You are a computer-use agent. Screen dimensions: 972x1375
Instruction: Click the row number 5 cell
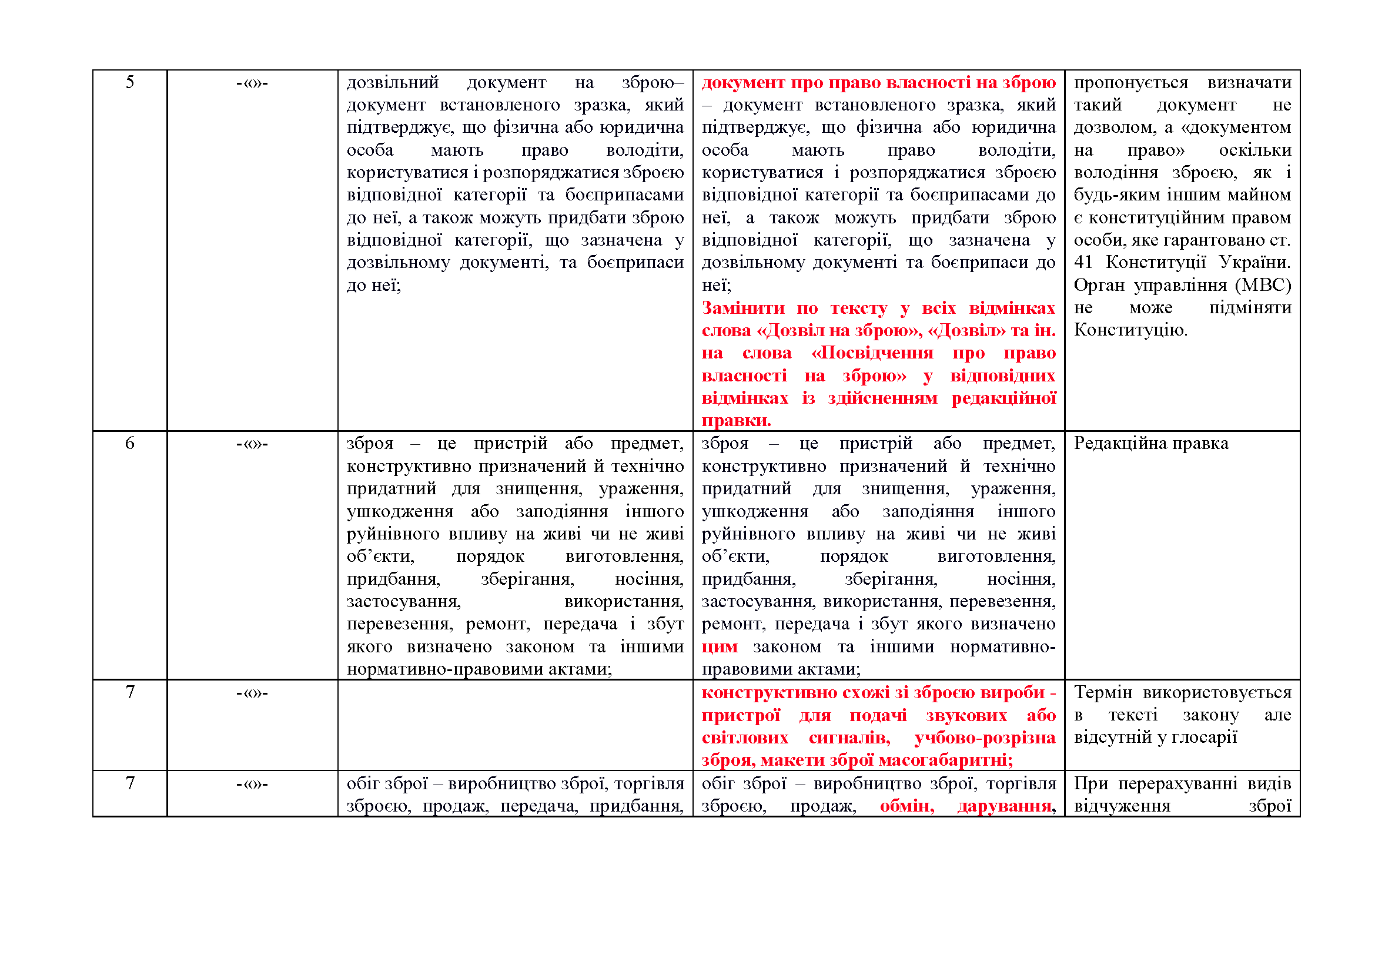[129, 82]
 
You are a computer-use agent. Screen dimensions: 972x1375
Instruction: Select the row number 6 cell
[129, 444]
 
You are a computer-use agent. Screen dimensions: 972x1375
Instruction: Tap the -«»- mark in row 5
[252, 83]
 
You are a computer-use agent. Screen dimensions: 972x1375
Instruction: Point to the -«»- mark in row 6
[252, 444]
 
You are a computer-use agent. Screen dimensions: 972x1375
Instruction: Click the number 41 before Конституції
[1083, 262]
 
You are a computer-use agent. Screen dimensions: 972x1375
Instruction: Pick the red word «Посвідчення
[872, 353]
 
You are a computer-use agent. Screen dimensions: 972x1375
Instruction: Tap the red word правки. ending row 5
[736, 420]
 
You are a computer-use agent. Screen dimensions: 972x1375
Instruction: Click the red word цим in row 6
[719, 647]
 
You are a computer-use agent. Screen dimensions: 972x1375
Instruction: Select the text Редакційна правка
[1150, 444]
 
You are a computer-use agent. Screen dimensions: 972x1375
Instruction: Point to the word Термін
[1102, 692]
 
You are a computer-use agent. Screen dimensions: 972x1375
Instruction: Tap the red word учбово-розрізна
[985, 738]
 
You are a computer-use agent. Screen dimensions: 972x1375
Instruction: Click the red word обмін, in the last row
[906, 806]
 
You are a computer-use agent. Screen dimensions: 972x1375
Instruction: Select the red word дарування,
[1006, 806]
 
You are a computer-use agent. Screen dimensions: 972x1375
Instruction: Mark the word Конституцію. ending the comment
[1130, 330]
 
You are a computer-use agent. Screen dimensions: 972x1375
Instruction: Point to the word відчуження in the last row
[1122, 806]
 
